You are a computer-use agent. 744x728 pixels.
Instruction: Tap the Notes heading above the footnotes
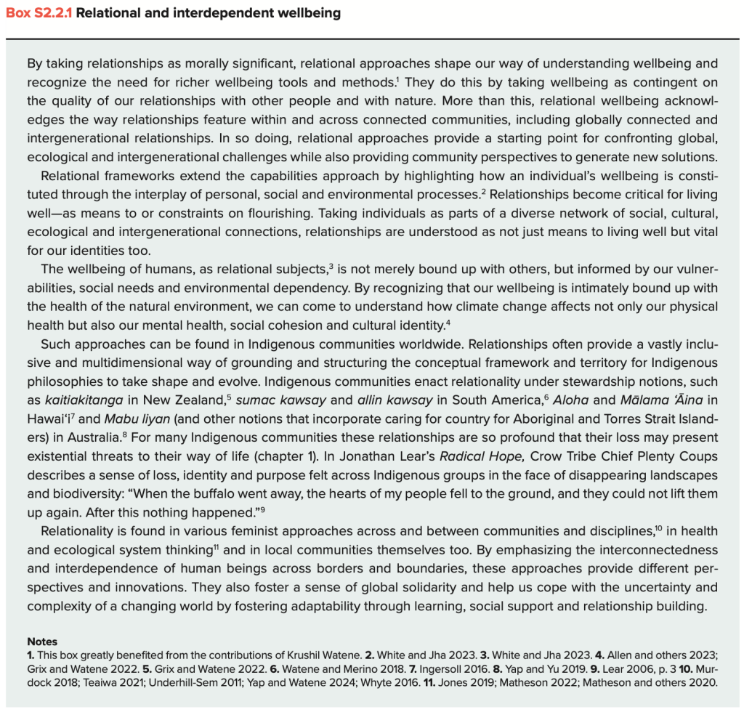[x=42, y=642]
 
